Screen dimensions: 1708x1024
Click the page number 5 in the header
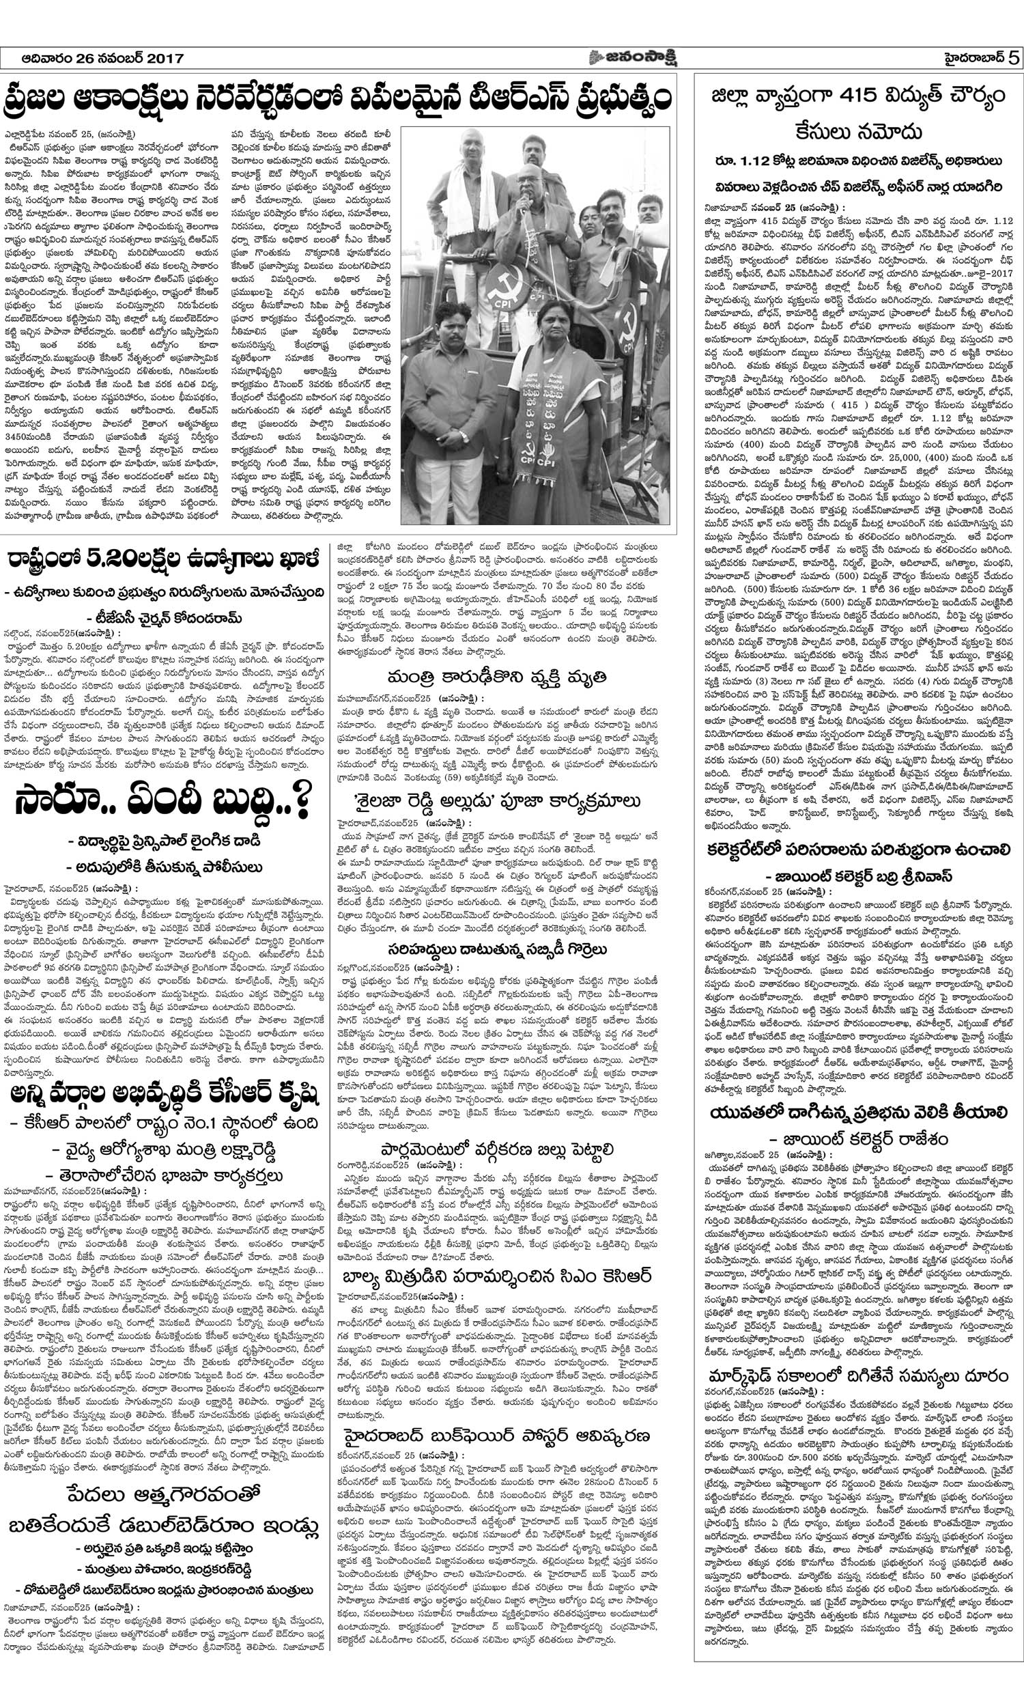tap(1012, 58)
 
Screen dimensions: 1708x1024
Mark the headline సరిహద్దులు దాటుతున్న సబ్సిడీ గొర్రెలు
tap(497, 949)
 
